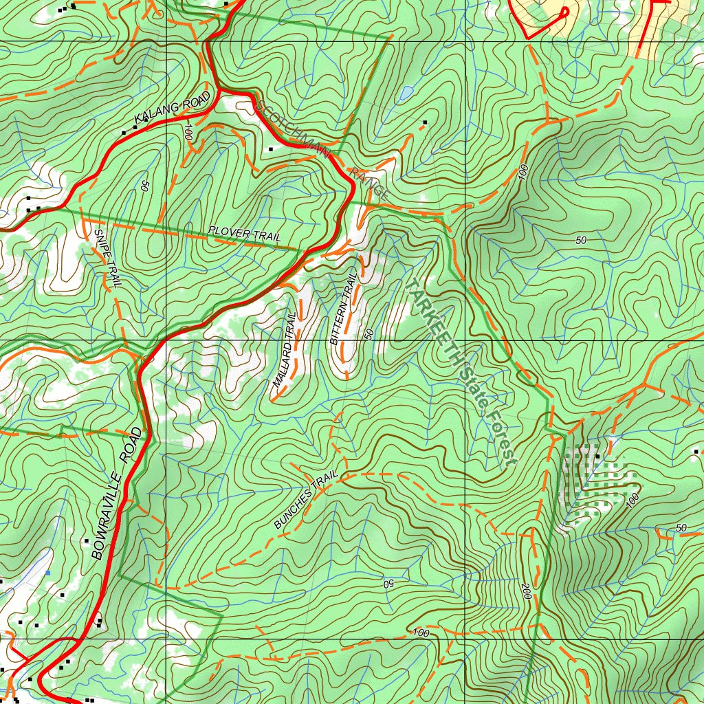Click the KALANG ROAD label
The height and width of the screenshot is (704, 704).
click(x=172, y=111)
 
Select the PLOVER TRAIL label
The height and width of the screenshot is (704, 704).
click(x=245, y=234)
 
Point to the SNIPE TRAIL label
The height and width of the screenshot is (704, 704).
click(x=107, y=257)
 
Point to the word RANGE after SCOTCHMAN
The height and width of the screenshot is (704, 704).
click(x=369, y=183)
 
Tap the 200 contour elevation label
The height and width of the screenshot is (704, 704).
click(x=526, y=591)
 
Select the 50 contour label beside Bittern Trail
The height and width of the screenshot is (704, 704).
click(x=369, y=333)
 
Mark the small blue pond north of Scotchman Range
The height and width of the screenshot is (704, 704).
click(x=406, y=91)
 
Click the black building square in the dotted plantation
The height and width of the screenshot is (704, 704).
click(x=597, y=456)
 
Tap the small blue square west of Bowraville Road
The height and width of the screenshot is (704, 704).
click(x=47, y=573)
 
